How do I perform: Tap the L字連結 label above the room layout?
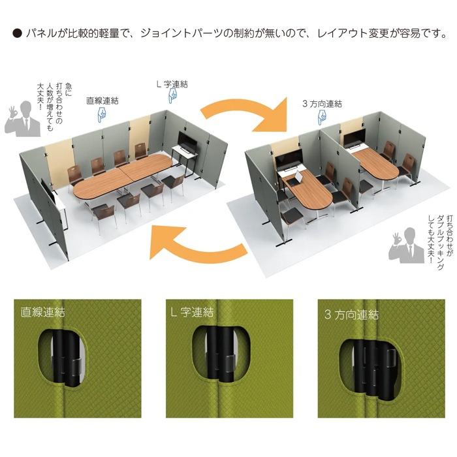point(172,84)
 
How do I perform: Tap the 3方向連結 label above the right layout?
point(323,103)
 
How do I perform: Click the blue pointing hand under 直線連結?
point(102,115)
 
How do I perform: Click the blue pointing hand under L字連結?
point(173,97)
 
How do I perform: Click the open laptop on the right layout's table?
point(297,177)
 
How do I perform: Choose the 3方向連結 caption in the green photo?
point(351,314)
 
